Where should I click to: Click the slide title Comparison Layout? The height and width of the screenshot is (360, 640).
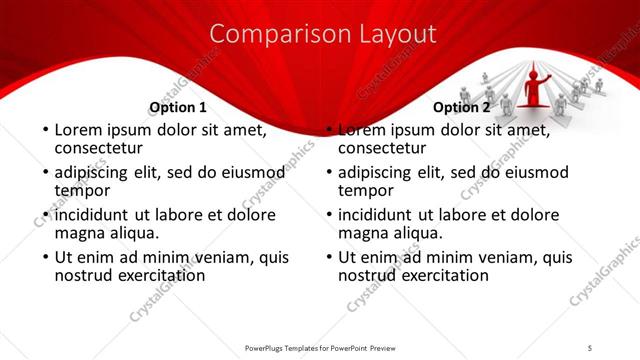tap(324, 34)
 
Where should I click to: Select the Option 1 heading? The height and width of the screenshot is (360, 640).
tap(177, 107)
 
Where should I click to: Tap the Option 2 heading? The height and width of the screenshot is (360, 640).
tap(462, 107)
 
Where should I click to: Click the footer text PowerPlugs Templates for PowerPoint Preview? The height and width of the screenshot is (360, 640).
tap(319, 347)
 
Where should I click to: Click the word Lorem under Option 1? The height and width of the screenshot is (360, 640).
tap(77, 130)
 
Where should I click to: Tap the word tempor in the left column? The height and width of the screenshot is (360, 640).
tap(81, 191)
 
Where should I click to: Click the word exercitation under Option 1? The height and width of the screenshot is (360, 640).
tap(157, 275)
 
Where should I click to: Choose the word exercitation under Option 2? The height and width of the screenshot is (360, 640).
tap(441, 275)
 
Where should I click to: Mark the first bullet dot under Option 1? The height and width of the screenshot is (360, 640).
tap(43, 131)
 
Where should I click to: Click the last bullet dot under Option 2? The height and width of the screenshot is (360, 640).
tap(328, 257)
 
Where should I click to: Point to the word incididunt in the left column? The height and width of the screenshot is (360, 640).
tap(95, 214)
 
